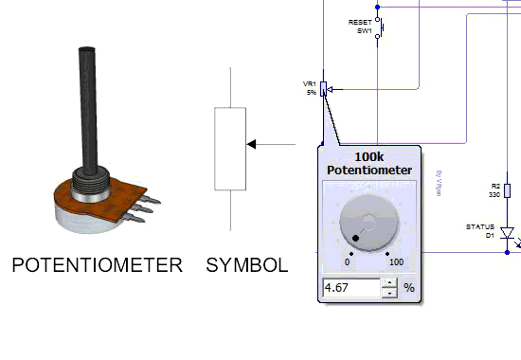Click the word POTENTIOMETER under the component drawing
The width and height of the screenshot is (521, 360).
pyautogui.click(x=97, y=265)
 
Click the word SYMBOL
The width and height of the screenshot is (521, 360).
pyautogui.click(x=246, y=265)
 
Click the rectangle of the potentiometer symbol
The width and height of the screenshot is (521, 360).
pyautogui.click(x=230, y=150)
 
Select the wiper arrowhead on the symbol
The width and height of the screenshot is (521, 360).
pyautogui.click(x=252, y=144)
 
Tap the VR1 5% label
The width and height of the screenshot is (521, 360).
pyautogui.click(x=310, y=88)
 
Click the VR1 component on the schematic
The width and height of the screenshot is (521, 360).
pyautogui.click(x=324, y=89)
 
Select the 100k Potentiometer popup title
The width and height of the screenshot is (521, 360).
pyautogui.click(x=368, y=162)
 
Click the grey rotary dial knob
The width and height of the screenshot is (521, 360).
pyautogui.click(x=369, y=225)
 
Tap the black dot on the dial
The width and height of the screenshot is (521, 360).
pyautogui.click(x=357, y=238)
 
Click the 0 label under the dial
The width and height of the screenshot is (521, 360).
pyautogui.click(x=347, y=262)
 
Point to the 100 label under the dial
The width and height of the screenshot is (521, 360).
pyautogui.click(x=396, y=262)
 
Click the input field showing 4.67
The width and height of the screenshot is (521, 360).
pyautogui.click(x=350, y=287)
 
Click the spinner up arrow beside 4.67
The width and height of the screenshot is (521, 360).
pyautogui.click(x=389, y=282)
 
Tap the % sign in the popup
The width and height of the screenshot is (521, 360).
pyautogui.click(x=409, y=287)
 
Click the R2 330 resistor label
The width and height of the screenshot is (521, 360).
pyautogui.click(x=494, y=189)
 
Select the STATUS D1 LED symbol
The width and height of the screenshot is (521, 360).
pyautogui.click(x=507, y=232)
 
